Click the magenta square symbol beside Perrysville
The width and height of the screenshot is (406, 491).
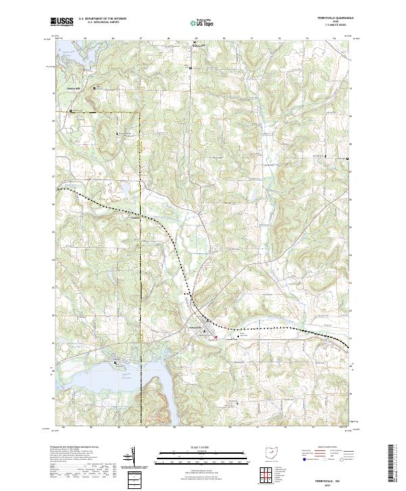217,337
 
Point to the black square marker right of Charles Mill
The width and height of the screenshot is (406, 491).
94,87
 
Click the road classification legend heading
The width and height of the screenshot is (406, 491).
321,448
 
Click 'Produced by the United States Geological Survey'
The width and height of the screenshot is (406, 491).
74,448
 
